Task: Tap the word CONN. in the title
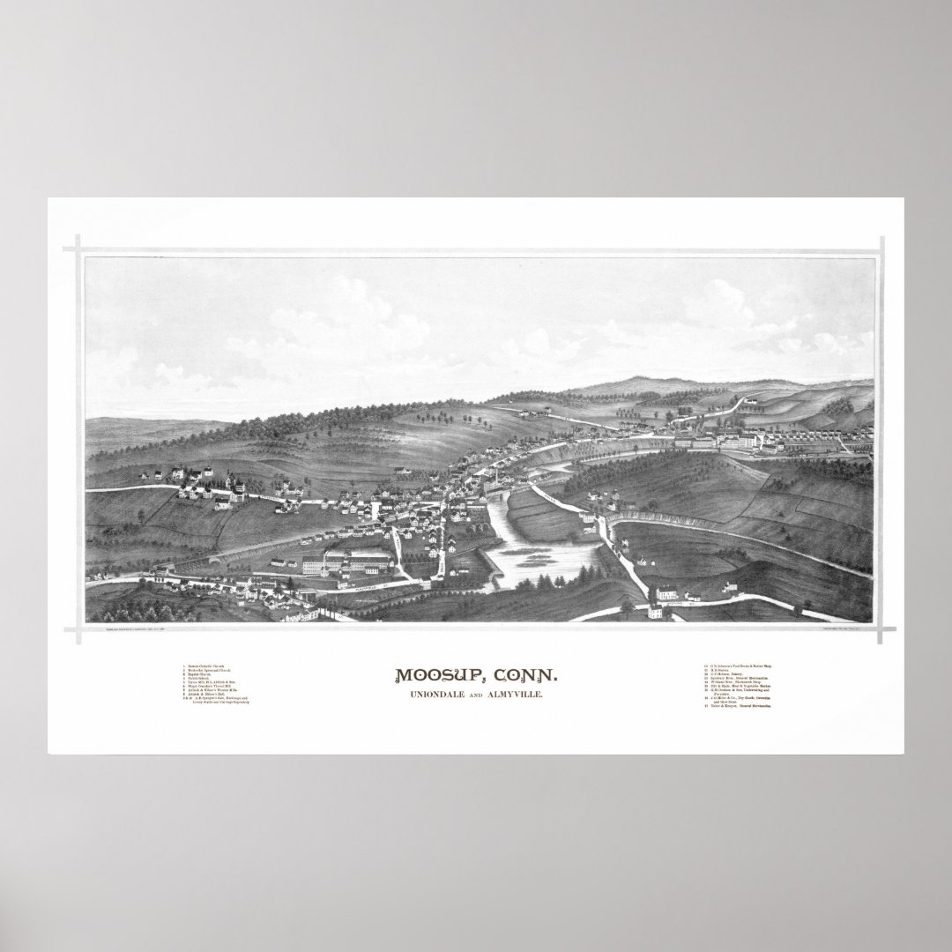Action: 524,676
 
